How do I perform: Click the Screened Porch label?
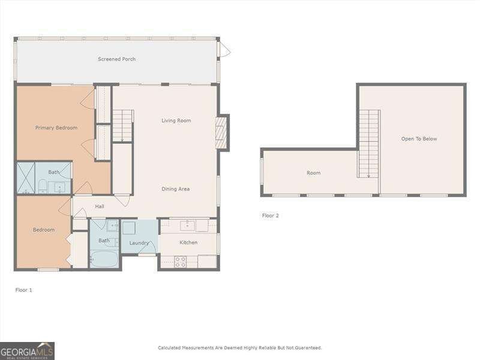(x=116, y=59)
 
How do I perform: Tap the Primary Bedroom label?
(x=56, y=128)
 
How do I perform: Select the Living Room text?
(x=176, y=121)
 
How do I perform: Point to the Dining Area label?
(x=175, y=189)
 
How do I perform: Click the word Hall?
(x=100, y=206)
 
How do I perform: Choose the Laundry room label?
(x=139, y=242)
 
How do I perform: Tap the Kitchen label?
(x=188, y=242)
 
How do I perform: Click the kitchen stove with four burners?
(x=180, y=262)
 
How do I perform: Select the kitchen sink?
(x=188, y=226)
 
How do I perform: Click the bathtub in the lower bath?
(x=104, y=259)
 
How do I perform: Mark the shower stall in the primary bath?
(x=26, y=178)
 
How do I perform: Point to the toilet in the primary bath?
(x=43, y=186)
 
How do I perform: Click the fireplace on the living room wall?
(x=221, y=133)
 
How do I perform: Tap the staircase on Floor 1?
(x=122, y=125)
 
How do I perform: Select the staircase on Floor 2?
(x=369, y=143)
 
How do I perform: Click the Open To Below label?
(x=419, y=139)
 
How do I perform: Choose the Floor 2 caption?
(x=270, y=215)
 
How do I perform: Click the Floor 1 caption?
(x=23, y=290)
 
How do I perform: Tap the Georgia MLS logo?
(x=27, y=350)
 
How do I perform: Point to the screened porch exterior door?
(x=224, y=50)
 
